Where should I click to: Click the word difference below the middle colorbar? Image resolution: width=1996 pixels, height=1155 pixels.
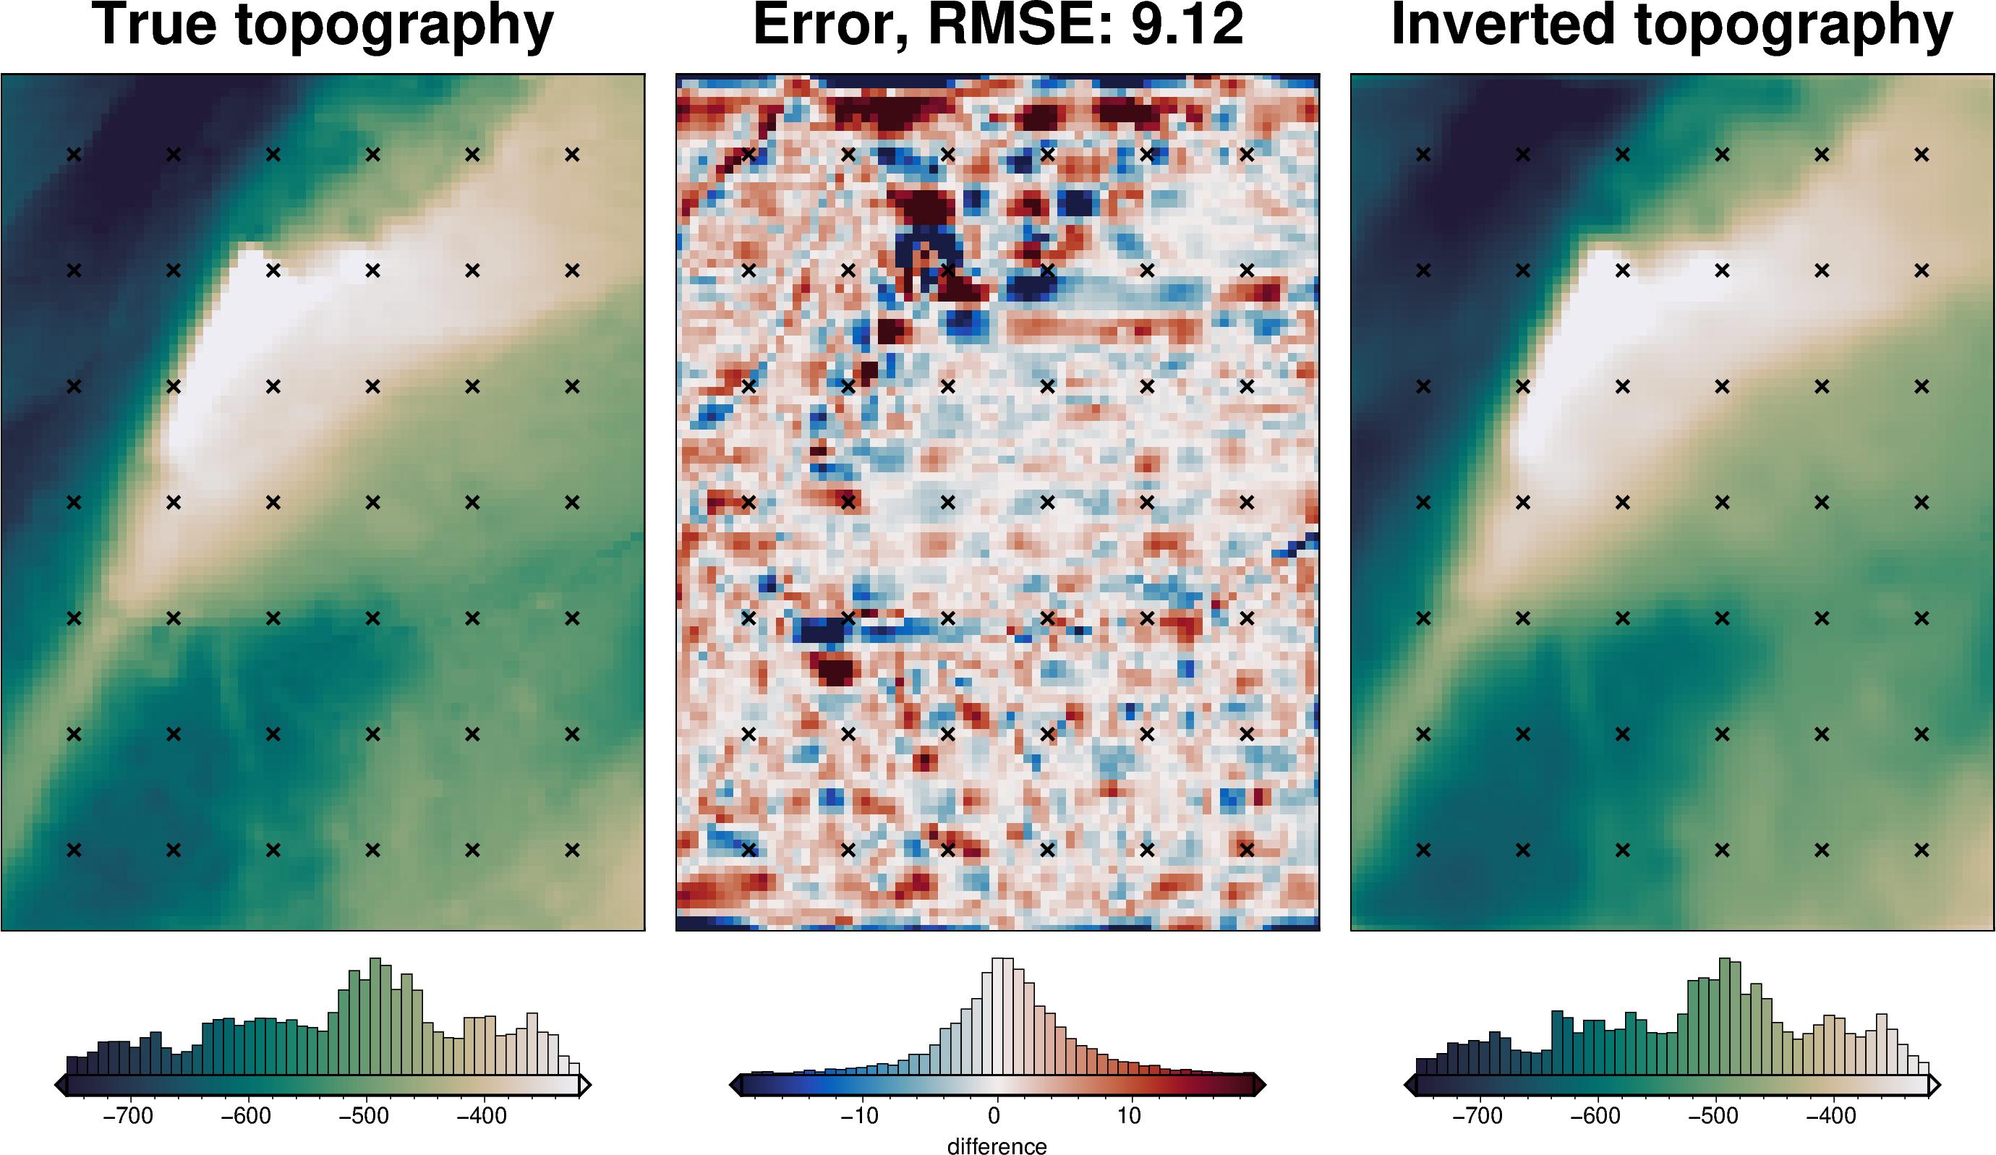(997, 1146)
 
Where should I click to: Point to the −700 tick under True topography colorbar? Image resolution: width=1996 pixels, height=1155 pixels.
(128, 1116)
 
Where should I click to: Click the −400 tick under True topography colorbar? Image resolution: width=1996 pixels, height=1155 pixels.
(482, 1116)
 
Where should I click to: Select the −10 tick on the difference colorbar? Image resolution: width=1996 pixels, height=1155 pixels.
(858, 1116)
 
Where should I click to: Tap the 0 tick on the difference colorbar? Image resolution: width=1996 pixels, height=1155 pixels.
(994, 1116)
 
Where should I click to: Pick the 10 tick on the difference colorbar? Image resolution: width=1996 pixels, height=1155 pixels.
(1129, 1116)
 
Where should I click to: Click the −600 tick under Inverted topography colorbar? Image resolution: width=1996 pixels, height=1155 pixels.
(1596, 1116)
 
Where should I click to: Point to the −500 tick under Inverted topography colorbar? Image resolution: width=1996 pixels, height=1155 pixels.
(1714, 1116)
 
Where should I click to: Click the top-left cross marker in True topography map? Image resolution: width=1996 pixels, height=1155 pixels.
(74, 155)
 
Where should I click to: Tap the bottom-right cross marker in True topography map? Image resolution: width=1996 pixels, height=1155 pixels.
(572, 850)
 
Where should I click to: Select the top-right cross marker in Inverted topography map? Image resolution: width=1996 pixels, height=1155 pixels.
(1922, 155)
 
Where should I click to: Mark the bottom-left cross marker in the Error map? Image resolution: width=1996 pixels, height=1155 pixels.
(748, 850)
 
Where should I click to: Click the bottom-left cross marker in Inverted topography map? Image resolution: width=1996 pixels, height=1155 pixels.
(1423, 850)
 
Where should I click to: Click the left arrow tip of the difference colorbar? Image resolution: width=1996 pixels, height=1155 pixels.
(733, 1085)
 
